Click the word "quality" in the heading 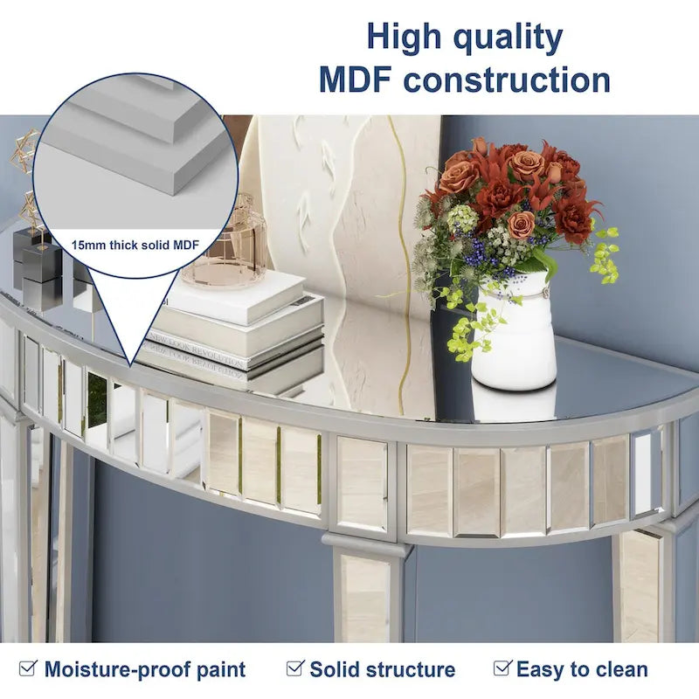(x=509, y=38)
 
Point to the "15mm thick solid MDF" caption (x=135, y=246)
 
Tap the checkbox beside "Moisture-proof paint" (x=29, y=668)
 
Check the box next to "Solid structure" (x=294, y=668)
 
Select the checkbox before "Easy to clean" (x=502, y=668)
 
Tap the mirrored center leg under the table (x=364, y=594)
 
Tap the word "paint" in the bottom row (x=219, y=670)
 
